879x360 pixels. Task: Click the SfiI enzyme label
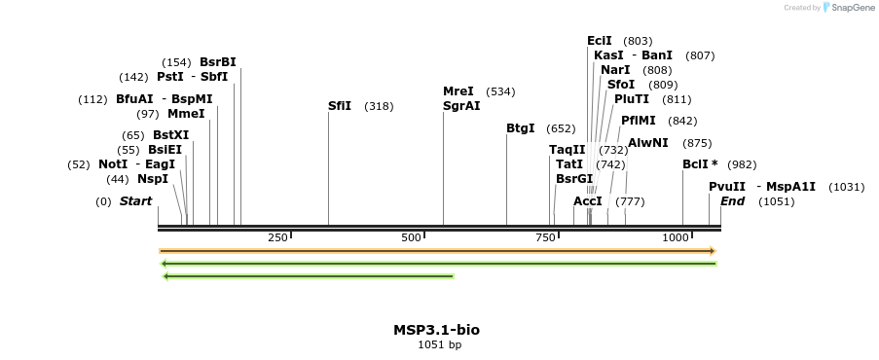pos(340,106)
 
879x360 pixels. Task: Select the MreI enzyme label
pos(458,91)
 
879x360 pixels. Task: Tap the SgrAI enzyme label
pos(461,106)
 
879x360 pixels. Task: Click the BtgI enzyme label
pos(521,128)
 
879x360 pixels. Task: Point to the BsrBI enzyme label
pos(218,62)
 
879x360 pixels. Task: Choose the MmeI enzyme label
pos(186,114)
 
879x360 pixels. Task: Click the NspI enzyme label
pos(153,179)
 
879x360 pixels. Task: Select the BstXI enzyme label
pos(171,135)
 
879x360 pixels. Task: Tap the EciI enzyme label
pos(600,41)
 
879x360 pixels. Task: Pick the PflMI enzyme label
pos(639,121)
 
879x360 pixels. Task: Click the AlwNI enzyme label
pos(648,143)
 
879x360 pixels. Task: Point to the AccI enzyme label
pos(588,201)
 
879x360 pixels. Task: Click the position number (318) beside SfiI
pos(379,106)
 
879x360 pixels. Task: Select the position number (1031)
pos(846,187)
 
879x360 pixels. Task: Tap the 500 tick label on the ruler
pos(411,238)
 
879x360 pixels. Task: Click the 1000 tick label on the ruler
pos(676,238)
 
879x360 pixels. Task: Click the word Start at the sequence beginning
pos(136,201)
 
